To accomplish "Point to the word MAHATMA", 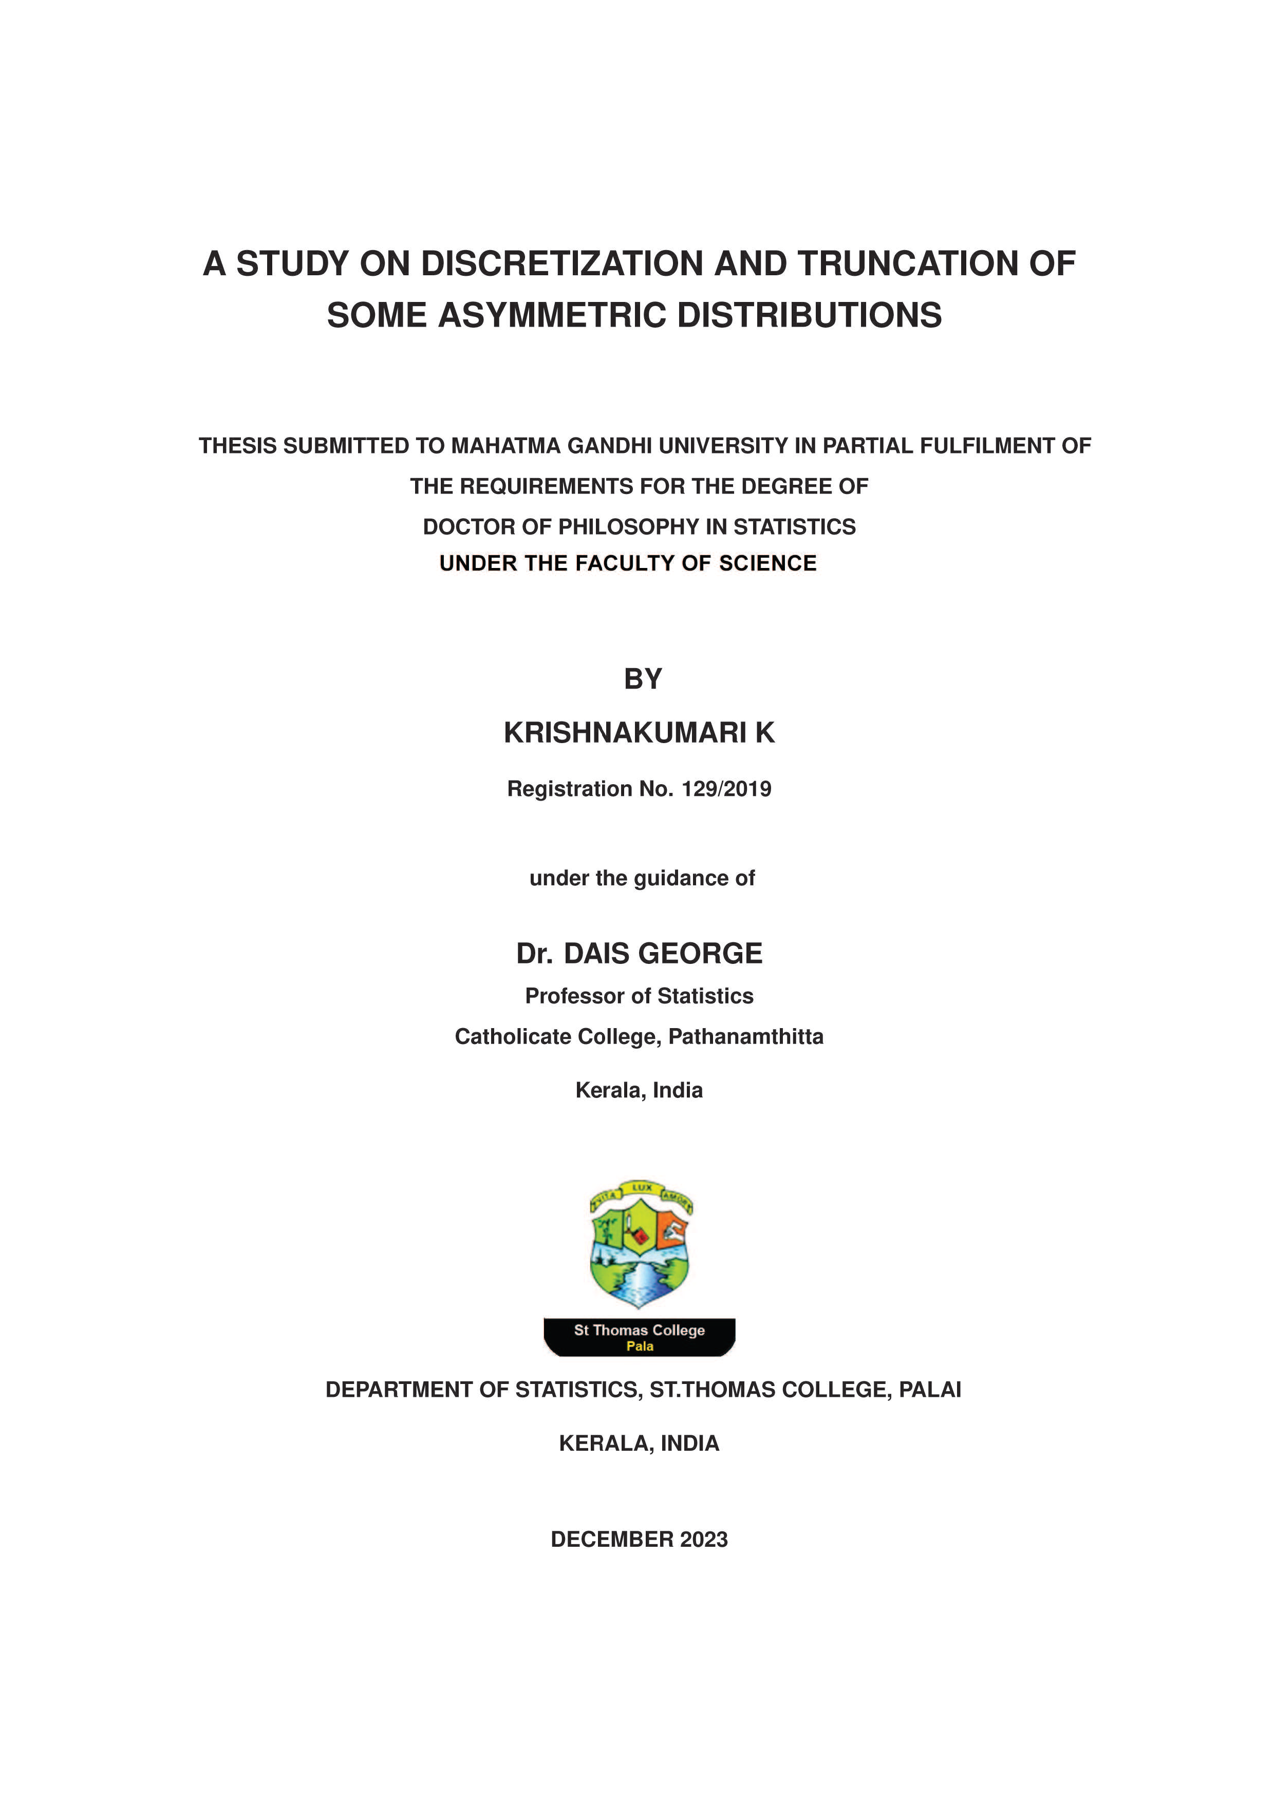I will [x=505, y=446].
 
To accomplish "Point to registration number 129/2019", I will [x=726, y=789].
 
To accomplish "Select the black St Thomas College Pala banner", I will [x=639, y=1337].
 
